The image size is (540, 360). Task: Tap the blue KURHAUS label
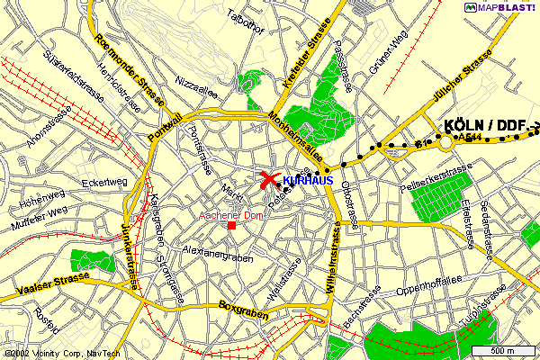[x=308, y=181]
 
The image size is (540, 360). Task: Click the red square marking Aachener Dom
[x=232, y=225]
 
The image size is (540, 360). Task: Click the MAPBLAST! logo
[x=500, y=8]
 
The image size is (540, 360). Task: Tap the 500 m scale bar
[x=504, y=350]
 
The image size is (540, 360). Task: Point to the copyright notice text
[x=51, y=353]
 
